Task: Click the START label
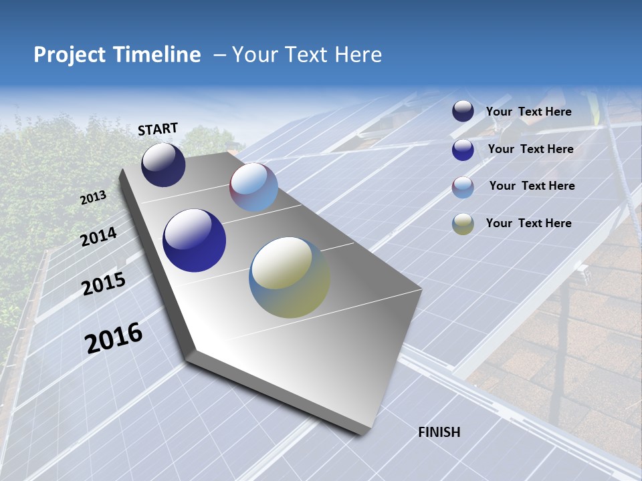click(x=158, y=129)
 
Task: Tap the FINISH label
click(x=439, y=432)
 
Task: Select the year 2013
click(x=93, y=198)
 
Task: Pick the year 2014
click(x=98, y=237)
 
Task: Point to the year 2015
click(x=104, y=284)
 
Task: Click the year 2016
click(x=114, y=338)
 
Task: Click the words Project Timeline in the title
click(x=117, y=55)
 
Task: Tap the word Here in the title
click(x=358, y=55)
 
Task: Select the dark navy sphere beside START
click(x=163, y=165)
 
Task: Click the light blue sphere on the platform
click(x=253, y=187)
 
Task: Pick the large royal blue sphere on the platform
click(x=194, y=240)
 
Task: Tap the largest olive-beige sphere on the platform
click(x=290, y=277)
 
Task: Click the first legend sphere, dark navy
click(x=463, y=112)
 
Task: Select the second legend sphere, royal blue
click(x=463, y=149)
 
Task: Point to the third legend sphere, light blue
click(x=463, y=186)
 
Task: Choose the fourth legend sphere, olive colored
click(x=463, y=224)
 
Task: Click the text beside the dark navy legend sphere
click(x=528, y=112)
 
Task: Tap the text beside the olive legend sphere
click(x=528, y=223)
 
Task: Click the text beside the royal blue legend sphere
click(x=530, y=149)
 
